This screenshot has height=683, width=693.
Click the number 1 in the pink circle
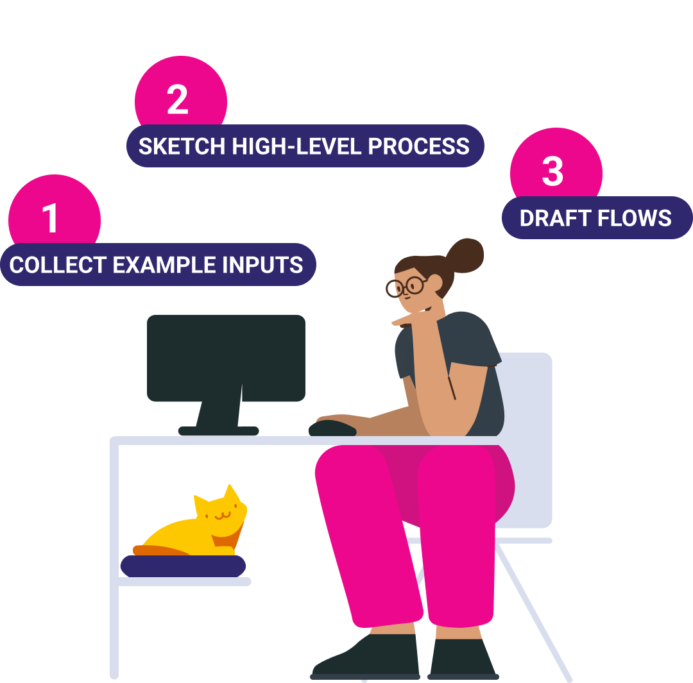(x=51, y=218)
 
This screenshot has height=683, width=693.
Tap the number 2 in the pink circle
(x=178, y=100)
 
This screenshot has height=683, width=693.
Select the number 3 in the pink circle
(x=552, y=171)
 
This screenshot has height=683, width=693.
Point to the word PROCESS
(x=418, y=147)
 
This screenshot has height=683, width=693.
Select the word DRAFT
(x=555, y=219)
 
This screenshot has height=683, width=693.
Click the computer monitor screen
(x=226, y=357)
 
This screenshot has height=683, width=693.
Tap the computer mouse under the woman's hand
(x=332, y=428)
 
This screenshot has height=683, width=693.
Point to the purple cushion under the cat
(x=183, y=566)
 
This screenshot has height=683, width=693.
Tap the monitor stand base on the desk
(x=218, y=431)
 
